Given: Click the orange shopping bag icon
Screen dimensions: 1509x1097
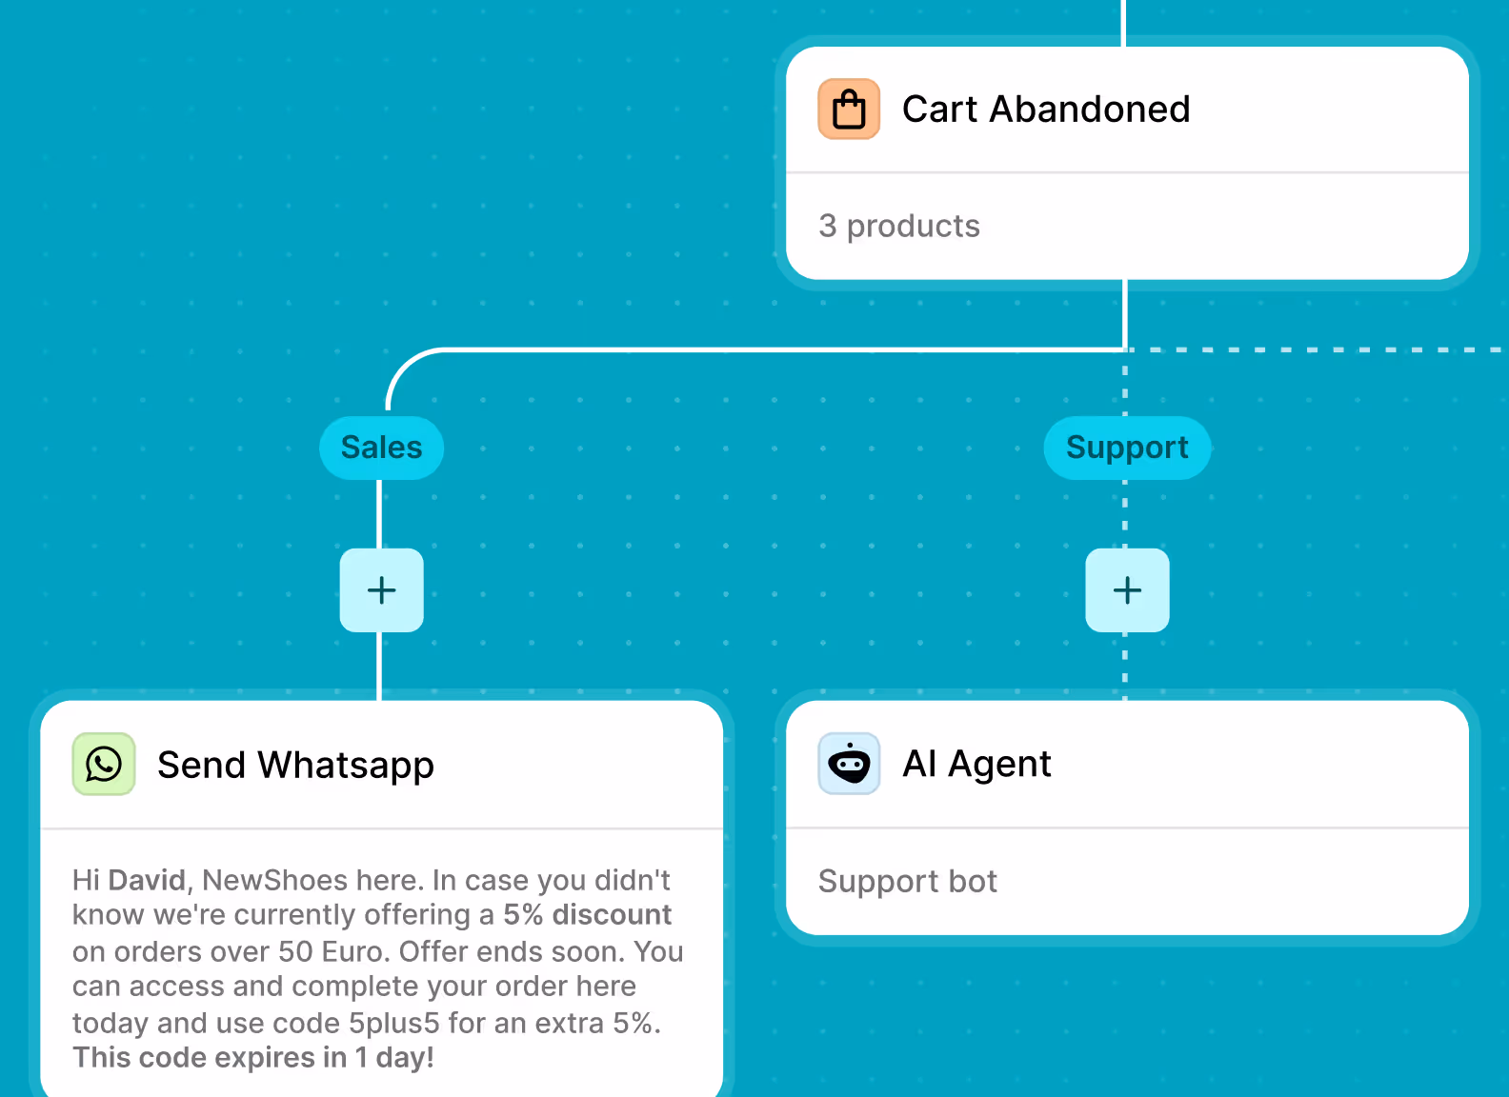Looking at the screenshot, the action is click(x=848, y=110).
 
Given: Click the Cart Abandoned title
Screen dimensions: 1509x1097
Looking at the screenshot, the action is click(x=1045, y=110).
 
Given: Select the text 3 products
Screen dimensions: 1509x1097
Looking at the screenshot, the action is click(x=898, y=227).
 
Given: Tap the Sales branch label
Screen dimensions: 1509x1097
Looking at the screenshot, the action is click(x=381, y=448).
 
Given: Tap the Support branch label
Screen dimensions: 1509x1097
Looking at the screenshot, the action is click(x=1127, y=448).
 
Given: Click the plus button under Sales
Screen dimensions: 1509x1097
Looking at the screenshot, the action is click(x=381, y=590).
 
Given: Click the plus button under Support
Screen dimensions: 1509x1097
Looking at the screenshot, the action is click(x=1127, y=590).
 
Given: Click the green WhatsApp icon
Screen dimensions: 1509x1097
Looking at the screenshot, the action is click(x=104, y=764).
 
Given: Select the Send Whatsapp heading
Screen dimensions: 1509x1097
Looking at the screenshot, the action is click(x=295, y=766).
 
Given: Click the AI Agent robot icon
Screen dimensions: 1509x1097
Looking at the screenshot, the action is click(x=848, y=764).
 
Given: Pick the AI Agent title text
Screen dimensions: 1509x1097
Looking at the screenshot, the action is click(x=976, y=764).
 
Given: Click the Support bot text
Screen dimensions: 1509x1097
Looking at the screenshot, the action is click(x=907, y=882).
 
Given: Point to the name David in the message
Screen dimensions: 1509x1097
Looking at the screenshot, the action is click(x=147, y=880).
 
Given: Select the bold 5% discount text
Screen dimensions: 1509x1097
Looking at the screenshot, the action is click(x=587, y=915).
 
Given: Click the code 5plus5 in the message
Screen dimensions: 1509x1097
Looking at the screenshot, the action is click(x=393, y=1024).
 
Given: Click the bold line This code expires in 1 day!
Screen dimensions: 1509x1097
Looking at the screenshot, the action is click(x=253, y=1058).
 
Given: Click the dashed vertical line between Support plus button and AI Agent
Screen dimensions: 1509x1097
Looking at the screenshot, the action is click(x=1125, y=666).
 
